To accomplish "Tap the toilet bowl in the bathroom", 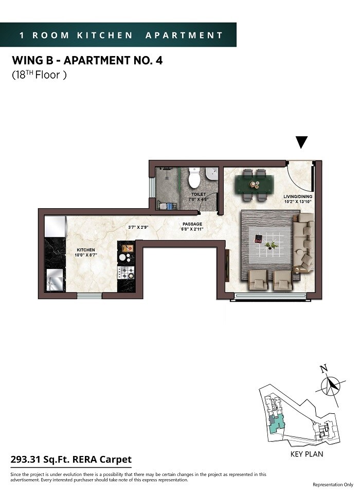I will (194, 178).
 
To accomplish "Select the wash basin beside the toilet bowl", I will (212, 177).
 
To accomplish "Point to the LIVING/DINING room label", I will (298, 197).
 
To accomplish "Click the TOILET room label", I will (199, 194).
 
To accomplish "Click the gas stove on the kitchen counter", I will (125, 272).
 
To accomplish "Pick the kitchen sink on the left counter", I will (55, 280).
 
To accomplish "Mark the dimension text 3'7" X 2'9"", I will (138, 227).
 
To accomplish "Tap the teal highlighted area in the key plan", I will (277, 424).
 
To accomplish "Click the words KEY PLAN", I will (307, 454).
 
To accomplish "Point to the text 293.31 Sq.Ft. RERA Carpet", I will (71, 460).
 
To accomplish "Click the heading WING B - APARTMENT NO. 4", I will (87, 61).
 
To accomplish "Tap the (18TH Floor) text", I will (40, 75).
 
